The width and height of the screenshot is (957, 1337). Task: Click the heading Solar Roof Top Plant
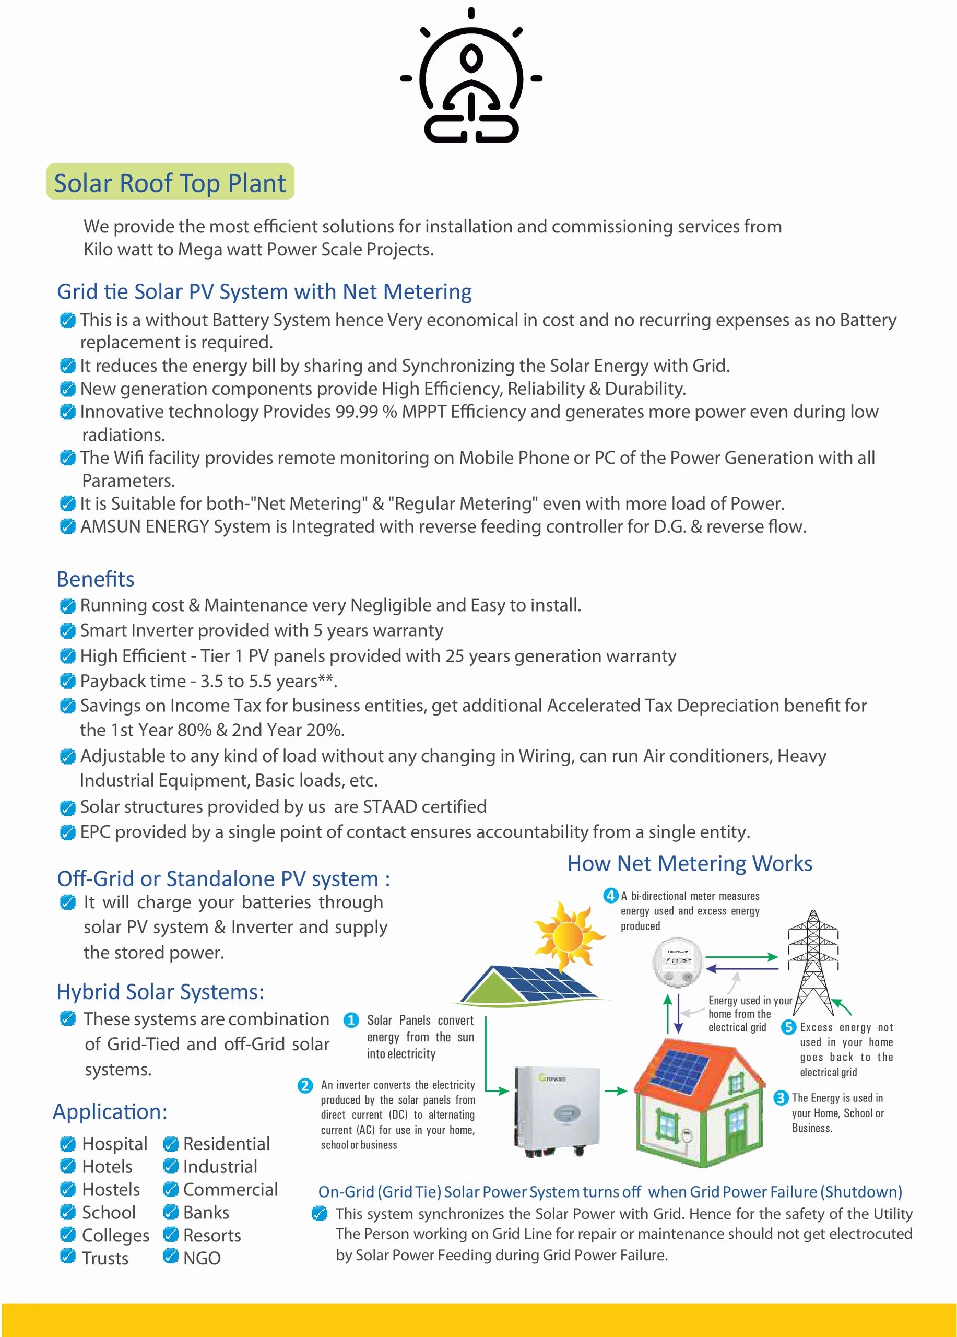click(x=170, y=183)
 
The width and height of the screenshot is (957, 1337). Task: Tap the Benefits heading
click(x=96, y=579)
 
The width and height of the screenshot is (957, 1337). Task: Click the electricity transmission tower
click(x=813, y=961)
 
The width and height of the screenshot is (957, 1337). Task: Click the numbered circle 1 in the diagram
click(x=351, y=1020)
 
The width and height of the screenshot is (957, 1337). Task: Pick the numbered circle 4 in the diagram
click(x=611, y=896)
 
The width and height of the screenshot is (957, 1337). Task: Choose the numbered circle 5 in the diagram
click(x=788, y=1027)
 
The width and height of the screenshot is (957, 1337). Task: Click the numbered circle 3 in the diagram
click(x=781, y=1098)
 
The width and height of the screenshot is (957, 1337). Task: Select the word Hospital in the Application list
click(x=114, y=1144)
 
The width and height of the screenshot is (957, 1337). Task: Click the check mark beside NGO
click(x=170, y=1256)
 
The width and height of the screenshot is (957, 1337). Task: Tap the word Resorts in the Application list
click(x=211, y=1235)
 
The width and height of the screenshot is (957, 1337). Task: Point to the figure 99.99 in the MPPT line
click(x=357, y=412)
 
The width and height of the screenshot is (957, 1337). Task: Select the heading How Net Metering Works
click(x=690, y=864)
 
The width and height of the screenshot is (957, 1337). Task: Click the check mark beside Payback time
click(x=68, y=682)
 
